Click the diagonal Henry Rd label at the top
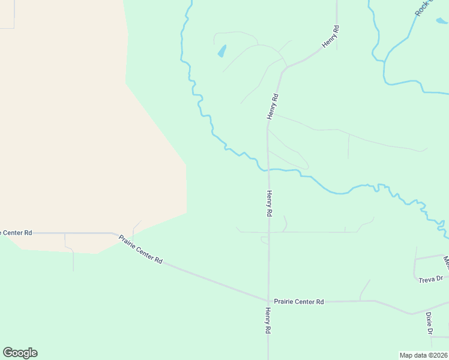click(x=331, y=37)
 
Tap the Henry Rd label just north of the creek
click(x=273, y=106)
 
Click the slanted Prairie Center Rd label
click(x=140, y=249)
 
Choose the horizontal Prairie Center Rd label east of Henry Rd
click(x=298, y=302)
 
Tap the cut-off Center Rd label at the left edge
click(x=16, y=232)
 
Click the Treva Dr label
click(x=430, y=278)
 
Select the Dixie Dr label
click(x=429, y=323)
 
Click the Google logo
click(x=20, y=353)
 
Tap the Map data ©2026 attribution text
click(x=423, y=355)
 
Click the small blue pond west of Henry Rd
click(x=222, y=51)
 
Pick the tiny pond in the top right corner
click(x=441, y=21)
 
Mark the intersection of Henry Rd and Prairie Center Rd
click(x=268, y=301)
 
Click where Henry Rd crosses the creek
click(x=268, y=170)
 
